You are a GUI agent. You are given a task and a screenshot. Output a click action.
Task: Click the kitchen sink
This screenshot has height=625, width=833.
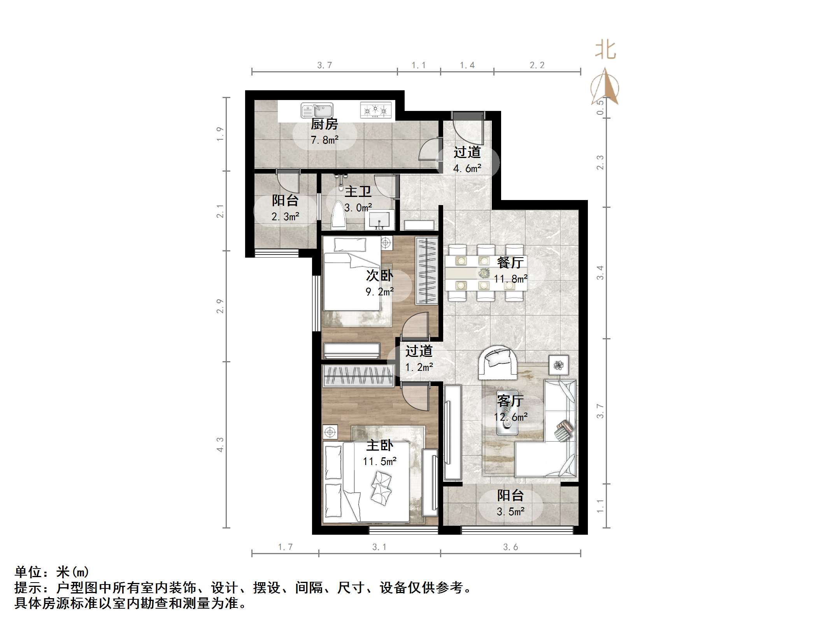(317, 110)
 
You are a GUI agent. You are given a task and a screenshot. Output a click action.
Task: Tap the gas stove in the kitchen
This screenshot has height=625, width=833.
(375, 110)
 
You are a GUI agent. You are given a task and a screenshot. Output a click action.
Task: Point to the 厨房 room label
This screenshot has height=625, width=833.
(324, 124)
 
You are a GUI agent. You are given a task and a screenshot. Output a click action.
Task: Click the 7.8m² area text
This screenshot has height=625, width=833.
(324, 140)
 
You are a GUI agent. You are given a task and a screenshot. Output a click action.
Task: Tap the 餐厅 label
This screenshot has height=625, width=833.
(510, 263)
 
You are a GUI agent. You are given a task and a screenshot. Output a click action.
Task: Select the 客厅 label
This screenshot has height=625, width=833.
(510, 401)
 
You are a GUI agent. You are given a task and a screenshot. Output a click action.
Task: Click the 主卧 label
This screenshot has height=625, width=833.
(380, 446)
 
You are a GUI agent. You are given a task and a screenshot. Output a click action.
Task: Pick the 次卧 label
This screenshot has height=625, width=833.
(379, 276)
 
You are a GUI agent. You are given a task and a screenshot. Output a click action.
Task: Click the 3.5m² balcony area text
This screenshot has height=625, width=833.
(510, 511)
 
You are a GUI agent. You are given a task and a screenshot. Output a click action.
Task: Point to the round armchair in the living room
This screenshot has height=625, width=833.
(498, 362)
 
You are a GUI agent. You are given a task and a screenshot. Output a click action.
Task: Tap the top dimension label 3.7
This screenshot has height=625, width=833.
(324, 65)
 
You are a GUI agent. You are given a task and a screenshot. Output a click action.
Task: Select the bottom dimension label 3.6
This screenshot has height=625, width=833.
(510, 547)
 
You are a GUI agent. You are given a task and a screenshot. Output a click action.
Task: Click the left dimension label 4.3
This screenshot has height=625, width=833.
(220, 444)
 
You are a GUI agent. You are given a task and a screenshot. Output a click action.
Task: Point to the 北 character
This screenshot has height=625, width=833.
(605, 50)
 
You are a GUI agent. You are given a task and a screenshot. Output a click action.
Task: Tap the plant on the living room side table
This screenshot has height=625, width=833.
(559, 365)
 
